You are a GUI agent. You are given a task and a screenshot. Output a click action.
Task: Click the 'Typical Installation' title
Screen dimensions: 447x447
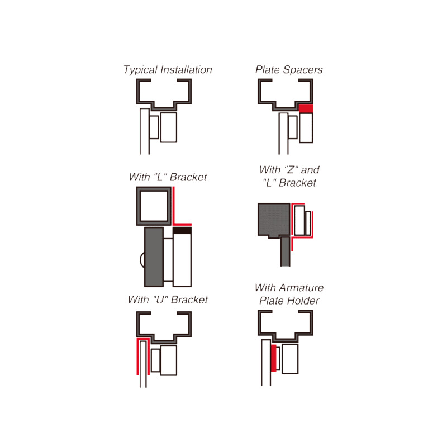[168, 70]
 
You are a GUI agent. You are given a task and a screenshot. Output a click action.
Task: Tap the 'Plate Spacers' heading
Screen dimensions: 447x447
[289, 69]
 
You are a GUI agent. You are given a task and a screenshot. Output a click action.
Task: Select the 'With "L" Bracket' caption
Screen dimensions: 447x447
[168, 177]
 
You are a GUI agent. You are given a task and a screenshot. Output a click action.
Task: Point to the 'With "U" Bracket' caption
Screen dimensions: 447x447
[168, 299]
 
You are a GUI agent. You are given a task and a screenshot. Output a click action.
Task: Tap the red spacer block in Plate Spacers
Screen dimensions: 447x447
[306, 108]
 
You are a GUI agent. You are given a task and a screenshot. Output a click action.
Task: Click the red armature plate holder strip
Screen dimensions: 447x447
[273, 358]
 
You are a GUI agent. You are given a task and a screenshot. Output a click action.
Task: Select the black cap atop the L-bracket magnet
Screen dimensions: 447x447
[182, 230]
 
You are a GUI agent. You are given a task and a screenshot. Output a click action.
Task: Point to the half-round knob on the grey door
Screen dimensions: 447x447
[142, 260]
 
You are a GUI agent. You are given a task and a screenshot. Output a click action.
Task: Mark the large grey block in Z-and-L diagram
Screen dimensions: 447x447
[274, 220]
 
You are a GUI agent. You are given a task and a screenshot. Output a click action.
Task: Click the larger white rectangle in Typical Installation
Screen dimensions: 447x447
[169, 127]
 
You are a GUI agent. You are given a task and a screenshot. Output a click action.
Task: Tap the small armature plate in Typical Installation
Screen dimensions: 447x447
[154, 127]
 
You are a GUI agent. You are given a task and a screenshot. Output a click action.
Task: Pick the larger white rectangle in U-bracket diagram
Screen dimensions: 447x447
[169, 360]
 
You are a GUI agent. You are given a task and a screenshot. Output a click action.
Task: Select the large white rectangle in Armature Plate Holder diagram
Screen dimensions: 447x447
[290, 359]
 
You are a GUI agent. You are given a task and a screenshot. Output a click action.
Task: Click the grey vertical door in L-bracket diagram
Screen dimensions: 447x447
[154, 257]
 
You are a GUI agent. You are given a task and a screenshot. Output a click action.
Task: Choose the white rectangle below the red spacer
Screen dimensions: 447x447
[306, 128]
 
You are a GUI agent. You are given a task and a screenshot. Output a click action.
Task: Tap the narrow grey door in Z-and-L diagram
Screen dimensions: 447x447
[285, 251]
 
